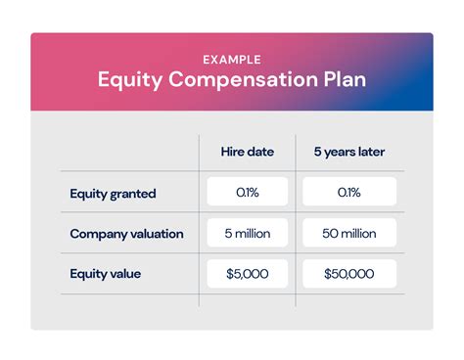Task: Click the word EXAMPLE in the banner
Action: tap(231, 57)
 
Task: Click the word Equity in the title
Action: tap(128, 79)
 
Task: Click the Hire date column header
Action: tap(247, 152)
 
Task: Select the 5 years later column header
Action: tap(349, 152)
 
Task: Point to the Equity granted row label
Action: tap(113, 193)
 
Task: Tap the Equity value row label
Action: tap(105, 274)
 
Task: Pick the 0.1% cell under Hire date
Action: tap(247, 193)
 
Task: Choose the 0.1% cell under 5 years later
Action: tap(349, 193)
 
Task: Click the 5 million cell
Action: tap(247, 234)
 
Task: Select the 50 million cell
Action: tap(349, 234)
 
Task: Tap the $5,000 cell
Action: tap(247, 274)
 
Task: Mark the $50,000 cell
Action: tap(349, 274)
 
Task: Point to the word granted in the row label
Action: tap(134, 193)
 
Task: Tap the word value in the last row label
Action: tap(124, 274)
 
